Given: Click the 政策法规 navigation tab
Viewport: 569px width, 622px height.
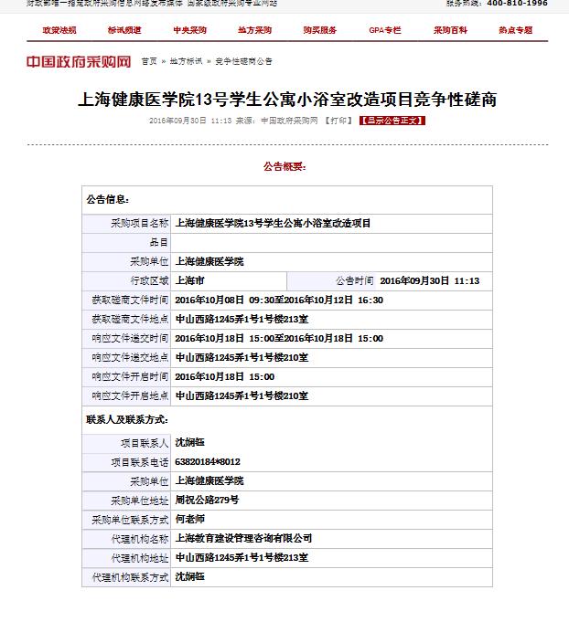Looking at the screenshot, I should point(58,30).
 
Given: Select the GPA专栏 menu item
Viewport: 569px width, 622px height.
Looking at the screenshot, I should point(384,30).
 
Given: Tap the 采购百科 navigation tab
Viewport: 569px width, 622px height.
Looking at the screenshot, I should point(450,30).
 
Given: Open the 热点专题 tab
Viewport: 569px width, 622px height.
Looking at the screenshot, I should point(515,30).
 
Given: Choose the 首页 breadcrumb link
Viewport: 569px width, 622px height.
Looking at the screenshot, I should point(148,62).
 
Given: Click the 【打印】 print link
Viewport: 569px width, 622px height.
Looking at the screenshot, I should point(338,121).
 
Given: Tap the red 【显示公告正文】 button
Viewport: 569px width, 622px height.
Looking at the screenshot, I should point(392,121).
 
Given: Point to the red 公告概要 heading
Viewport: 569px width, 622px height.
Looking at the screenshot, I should point(284,167).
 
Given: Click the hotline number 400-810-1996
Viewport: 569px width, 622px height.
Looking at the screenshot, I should point(517,4).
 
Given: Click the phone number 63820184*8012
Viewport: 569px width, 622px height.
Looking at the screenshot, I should point(208,462).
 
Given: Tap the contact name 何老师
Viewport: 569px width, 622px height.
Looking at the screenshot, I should point(190,520).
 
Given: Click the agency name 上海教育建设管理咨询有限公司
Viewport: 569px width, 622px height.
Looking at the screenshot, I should point(243,539).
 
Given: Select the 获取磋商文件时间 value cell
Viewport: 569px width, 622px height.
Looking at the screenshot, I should point(279,300).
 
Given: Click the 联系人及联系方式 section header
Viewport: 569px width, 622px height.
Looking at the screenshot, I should point(126,418).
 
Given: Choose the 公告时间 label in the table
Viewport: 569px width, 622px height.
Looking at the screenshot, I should point(354,281).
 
